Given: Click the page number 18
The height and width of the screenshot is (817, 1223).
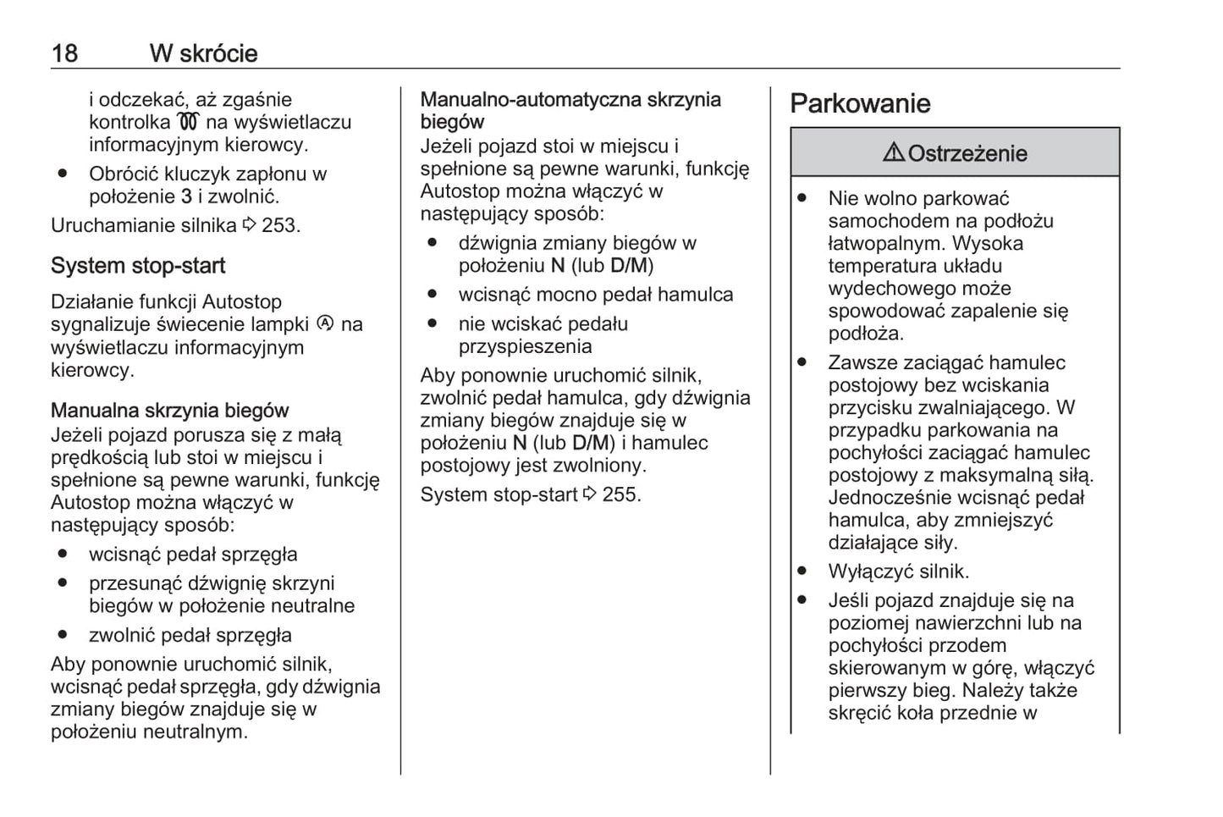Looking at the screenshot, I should pyautogui.click(x=64, y=53).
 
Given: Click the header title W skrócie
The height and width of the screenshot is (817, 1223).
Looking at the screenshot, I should pyautogui.click(x=203, y=53).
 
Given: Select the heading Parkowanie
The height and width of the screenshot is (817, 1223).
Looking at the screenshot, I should pyautogui.click(x=860, y=104).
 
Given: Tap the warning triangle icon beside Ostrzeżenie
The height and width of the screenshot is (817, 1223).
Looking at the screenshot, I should pyautogui.click(x=893, y=153).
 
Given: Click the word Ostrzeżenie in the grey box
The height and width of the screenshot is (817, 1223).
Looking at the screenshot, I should pyautogui.click(x=967, y=154).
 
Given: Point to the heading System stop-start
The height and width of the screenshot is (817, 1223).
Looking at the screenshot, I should pyautogui.click(x=138, y=266).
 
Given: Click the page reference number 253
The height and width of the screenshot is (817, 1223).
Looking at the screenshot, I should pyautogui.click(x=279, y=225).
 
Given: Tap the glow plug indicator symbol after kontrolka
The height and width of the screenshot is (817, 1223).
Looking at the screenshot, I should pyautogui.click(x=188, y=123).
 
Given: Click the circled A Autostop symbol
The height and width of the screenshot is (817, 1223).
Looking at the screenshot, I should pyautogui.click(x=325, y=323).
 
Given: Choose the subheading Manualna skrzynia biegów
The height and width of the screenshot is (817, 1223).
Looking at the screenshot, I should pyautogui.click(x=169, y=411).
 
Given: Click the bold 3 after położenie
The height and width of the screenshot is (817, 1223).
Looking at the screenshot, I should pyautogui.click(x=186, y=196).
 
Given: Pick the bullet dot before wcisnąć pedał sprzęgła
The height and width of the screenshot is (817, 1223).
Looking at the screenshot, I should pyautogui.click(x=63, y=555).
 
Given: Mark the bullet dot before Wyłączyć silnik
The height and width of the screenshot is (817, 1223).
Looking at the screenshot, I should pyautogui.click(x=802, y=571).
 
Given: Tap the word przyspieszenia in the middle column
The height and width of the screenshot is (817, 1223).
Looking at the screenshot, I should pyautogui.click(x=525, y=346).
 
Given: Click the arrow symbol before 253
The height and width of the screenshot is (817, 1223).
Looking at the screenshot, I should pyautogui.click(x=250, y=225).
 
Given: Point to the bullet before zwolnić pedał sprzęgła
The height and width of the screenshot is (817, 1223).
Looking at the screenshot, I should pyautogui.click(x=63, y=635).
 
